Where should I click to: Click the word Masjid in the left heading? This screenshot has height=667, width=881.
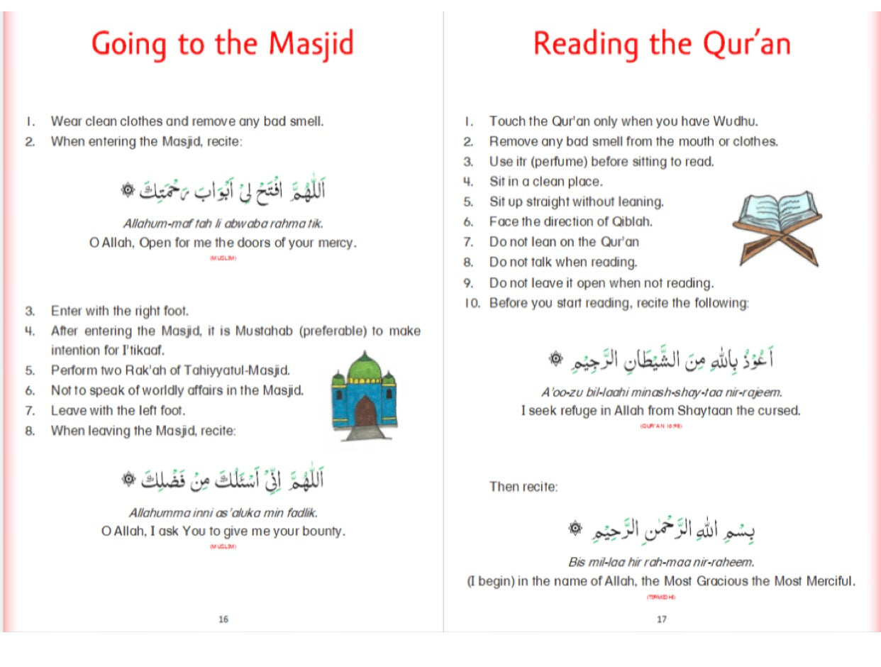[x=310, y=44]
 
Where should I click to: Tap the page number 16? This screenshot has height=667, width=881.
[x=223, y=619]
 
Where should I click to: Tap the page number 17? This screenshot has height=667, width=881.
[x=661, y=619]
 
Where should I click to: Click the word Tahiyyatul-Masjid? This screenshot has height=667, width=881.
[x=246, y=370]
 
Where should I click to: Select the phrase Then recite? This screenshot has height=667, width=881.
[x=523, y=487]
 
